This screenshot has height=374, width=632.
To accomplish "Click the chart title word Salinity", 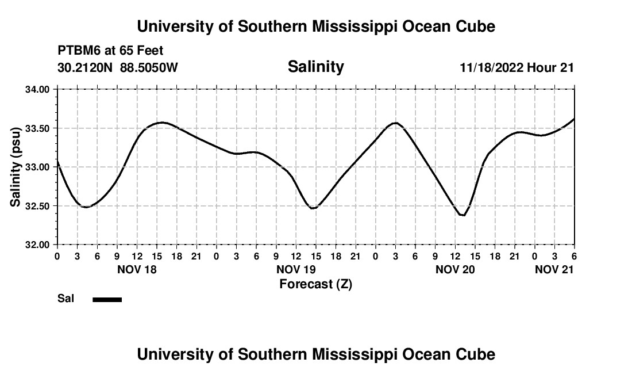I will pyautogui.click(x=315, y=67).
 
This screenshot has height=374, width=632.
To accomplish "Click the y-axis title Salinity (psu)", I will pyautogui.click(x=16, y=167).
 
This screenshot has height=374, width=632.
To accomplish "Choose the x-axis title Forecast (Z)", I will pyautogui.click(x=315, y=284).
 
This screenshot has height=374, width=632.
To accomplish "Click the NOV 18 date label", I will pyautogui.click(x=137, y=269).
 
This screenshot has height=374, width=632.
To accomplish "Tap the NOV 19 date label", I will pyautogui.click(x=296, y=269).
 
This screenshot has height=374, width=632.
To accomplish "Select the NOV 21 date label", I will pyautogui.click(x=554, y=269).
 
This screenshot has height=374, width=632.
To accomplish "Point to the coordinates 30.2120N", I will pyautogui.click(x=86, y=68).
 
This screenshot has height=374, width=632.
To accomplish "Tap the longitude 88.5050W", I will pyautogui.click(x=149, y=68).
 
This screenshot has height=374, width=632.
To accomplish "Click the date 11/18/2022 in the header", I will pyautogui.click(x=492, y=68).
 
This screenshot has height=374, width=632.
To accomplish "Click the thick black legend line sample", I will pyautogui.click(x=107, y=299).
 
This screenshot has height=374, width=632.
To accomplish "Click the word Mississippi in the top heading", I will pyautogui.click(x=346, y=26).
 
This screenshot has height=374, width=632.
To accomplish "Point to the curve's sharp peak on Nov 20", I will pyautogui.click(x=395, y=123).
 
